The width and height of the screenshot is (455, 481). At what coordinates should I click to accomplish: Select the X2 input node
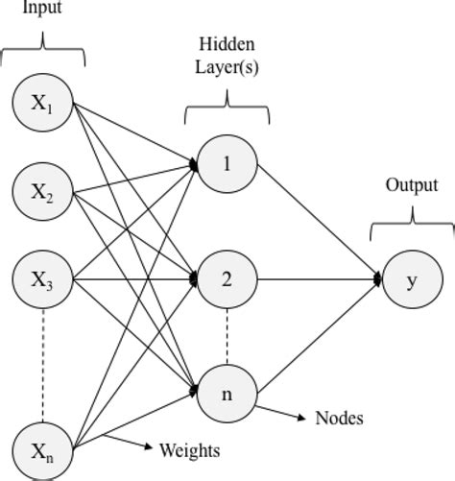[x=43, y=191]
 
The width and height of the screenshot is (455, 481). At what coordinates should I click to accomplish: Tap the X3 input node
[x=43, y=279]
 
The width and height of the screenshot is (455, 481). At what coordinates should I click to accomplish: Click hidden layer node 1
[x=227, y=164]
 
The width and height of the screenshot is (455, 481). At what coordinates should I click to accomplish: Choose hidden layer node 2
[x=227, y=279]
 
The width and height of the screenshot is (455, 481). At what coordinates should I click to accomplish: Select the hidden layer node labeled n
[x=227, y=394]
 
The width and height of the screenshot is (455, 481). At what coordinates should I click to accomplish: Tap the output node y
[x=413, y=279]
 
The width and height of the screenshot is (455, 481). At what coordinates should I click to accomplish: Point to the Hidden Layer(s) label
[x=227, y=58]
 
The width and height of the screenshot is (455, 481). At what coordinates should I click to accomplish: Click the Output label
[x=412, y=185]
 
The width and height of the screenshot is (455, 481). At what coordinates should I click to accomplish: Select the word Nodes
[x=339, y=419]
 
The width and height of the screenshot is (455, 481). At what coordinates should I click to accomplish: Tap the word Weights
[x=189, y=450]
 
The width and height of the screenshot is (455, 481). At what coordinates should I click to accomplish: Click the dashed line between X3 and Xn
[x=43, y=365]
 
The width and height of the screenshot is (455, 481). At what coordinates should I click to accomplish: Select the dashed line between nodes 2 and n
[x=227, y=336]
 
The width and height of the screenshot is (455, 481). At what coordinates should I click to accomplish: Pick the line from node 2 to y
[x=317, y=279]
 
